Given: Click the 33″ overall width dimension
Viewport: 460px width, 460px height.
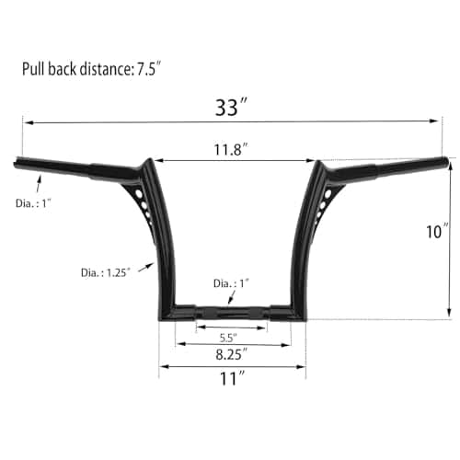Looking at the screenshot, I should [231, 108].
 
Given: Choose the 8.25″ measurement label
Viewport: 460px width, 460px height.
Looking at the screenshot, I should [230, 352].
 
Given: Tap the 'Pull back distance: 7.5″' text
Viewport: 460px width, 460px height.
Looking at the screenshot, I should [98, 69].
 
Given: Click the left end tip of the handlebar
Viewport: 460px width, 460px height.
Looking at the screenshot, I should [17, 164].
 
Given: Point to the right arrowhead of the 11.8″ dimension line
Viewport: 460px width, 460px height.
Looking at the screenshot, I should [309, 160].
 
